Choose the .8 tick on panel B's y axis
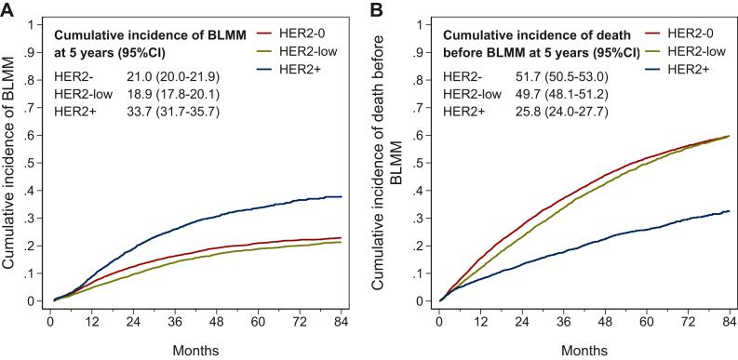tap(422, 80)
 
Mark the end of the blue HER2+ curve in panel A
tap(342, 196)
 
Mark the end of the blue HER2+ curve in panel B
tap(729, 211)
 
